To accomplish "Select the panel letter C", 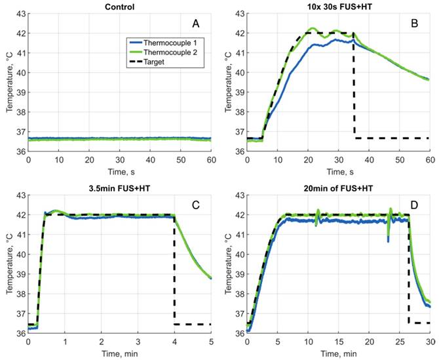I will pos(195,205).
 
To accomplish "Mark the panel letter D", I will pos(415,205).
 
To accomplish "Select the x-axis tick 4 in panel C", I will pos(174,341).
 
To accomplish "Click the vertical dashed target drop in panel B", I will pos(354,85).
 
